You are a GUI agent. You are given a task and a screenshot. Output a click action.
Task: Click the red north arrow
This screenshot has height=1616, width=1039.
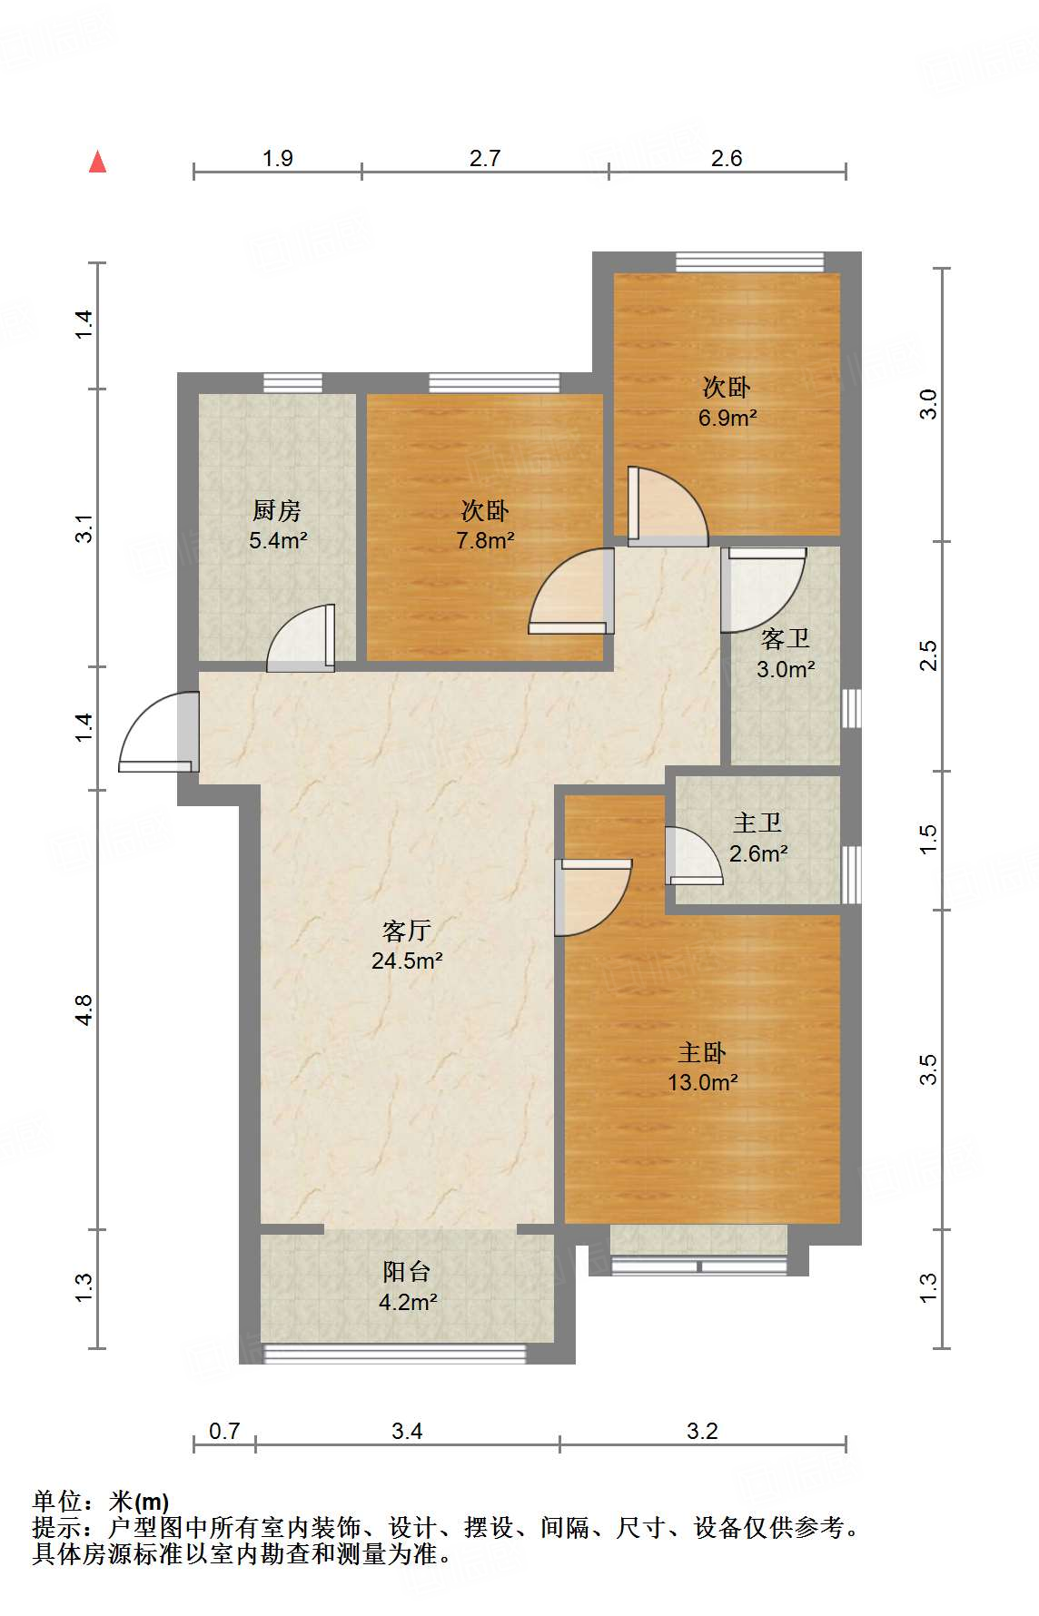coord(97,162)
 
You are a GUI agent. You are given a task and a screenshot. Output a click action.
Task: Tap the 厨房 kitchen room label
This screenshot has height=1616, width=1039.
coord(277,511)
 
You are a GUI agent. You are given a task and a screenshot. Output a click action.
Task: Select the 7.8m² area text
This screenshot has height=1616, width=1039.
coord(485,541)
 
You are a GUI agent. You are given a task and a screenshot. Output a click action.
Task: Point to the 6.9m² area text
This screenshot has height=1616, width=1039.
coord(727,418)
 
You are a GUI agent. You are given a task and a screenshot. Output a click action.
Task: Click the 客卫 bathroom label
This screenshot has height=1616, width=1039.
coord(785,639)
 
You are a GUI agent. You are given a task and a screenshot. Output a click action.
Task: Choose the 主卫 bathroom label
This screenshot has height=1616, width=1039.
coord(757,823)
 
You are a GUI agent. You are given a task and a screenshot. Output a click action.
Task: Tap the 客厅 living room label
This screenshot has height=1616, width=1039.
coord(406,931)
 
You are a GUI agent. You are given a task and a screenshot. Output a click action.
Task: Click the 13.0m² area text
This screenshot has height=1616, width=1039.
coord(703,1082)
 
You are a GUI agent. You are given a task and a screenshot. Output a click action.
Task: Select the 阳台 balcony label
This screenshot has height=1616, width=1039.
coord(406,1272)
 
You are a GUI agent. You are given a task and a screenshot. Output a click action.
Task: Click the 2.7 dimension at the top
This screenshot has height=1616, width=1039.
coord(485,158)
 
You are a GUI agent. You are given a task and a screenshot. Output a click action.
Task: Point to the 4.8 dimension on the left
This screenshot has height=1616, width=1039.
coord(84,1010)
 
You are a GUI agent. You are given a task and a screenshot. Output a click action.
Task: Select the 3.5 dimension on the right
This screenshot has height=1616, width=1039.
coord(927,1069)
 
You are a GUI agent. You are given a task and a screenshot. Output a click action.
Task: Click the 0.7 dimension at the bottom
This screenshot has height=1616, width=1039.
coord(224,1432)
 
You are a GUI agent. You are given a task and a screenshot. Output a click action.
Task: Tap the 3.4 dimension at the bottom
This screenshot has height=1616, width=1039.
coord(407,1432)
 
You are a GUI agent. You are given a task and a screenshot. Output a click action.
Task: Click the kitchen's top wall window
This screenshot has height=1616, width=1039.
coord(292,383)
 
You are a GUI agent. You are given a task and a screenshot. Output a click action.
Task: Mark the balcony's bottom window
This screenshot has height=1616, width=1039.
coord(394,1354)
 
